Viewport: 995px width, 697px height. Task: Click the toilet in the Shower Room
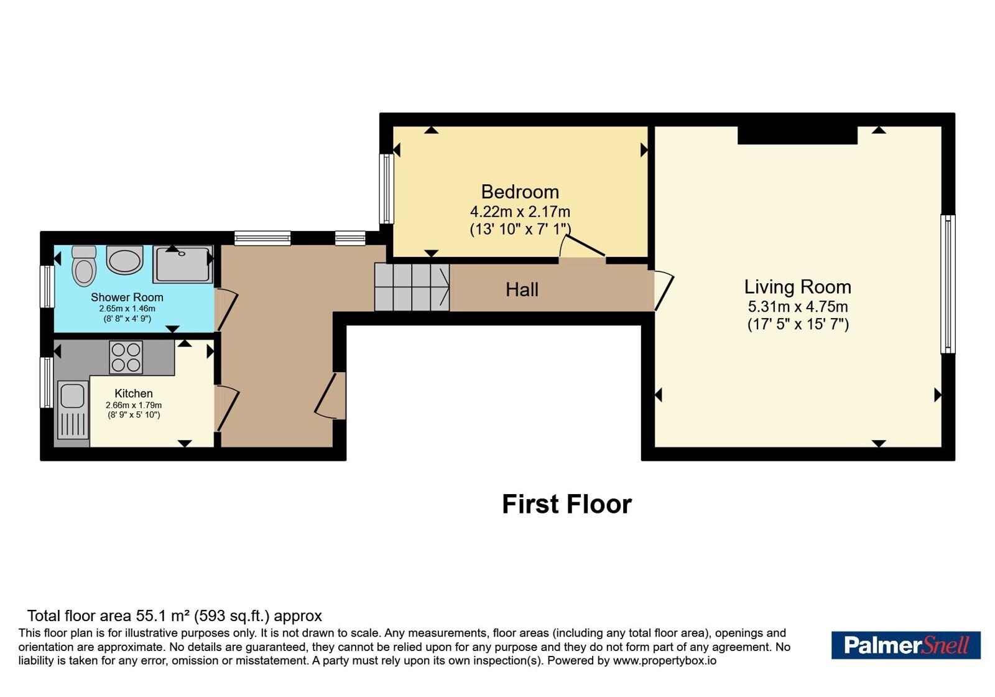(84, 266)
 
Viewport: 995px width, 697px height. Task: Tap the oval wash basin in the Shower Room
(124, 260)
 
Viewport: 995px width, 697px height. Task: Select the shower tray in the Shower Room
(183, 264)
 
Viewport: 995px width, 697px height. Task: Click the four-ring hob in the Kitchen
(126, 357)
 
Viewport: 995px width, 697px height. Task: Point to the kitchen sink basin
(72, 396)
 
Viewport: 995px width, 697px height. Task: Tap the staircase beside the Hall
(412, 287)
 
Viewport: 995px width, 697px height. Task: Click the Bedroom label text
(520, 192)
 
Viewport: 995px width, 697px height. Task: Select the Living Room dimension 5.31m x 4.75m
(798, 307)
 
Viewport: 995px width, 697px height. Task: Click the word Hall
(522, 290)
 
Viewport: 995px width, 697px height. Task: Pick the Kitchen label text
(133, 393)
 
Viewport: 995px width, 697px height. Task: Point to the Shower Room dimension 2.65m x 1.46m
(127, 309)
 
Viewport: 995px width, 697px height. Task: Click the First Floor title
(567, 504)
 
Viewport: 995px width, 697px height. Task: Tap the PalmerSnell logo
(905, 645)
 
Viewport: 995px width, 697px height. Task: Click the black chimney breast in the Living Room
(797, 135)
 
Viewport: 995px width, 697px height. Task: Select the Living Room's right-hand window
(948, 284)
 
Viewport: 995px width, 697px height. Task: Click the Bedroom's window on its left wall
(386, 189)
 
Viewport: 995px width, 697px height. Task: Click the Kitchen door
(226, 409)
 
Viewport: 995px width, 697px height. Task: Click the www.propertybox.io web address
(665, 661)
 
